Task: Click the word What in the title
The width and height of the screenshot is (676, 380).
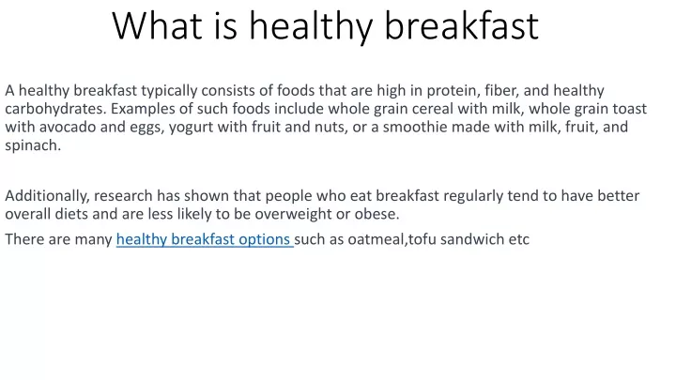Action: (x=158, y=26)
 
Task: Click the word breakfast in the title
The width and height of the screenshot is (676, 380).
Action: (x=461, y=26)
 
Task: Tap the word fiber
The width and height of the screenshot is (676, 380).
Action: (x=501, y=90)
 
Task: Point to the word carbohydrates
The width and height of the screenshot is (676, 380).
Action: (x=55, y=109)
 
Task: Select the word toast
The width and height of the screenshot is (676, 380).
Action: (x=630, y=109)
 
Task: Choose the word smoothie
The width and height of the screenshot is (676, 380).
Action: (x=415, y=127)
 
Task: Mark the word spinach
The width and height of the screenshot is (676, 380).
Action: (x=33, y=146)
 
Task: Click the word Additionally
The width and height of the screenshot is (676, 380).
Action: (x=48, y=196)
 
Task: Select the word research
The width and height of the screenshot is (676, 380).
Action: (x=123, y=196)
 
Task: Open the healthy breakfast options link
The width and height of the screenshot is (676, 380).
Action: (x=205, y=239)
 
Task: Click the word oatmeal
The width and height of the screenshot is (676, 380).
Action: (x=377, y=239)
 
